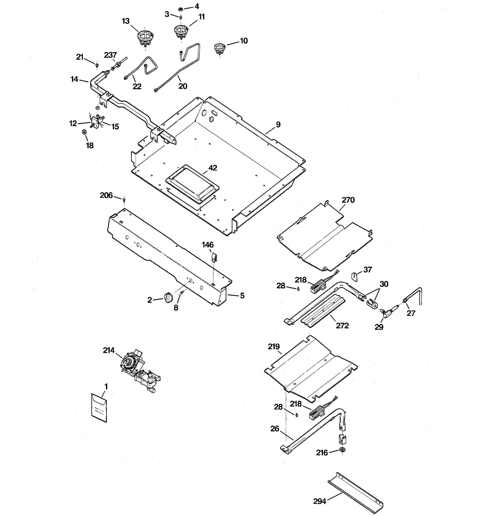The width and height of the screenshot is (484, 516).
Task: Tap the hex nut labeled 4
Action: coord(181,9)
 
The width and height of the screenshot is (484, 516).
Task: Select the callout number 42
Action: coord(213,168)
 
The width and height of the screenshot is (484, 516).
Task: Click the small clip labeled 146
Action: coord(214,257)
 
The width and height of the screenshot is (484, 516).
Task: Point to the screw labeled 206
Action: coord(124,200)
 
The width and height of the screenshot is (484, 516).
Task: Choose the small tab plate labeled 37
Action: coord(354,276)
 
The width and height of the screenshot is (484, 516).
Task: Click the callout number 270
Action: coord(348,200)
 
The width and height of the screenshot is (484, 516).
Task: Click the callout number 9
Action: coord(278,125)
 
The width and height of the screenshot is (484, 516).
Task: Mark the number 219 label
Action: coord(274,347)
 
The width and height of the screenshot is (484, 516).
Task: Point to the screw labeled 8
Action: coord(182,293)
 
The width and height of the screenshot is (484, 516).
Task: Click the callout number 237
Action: coord(110,55)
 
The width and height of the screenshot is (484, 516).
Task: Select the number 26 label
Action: coord(275,429)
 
